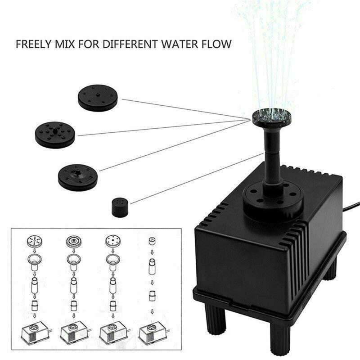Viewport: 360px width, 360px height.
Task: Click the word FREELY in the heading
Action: pyautogui.click(x=31, y=45)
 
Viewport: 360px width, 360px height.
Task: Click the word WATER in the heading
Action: pyautogui.click(x=177, y=45)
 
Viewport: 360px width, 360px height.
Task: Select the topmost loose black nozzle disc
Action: pyautogui.click(x=98, y=98)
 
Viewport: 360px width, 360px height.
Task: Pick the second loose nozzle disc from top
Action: pyautogui.click(x=55, y=134)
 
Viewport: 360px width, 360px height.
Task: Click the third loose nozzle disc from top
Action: pyautogui.click(x=78, y=177)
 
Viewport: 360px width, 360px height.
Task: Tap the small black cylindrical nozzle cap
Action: pyautogui.click(x=120, y=207)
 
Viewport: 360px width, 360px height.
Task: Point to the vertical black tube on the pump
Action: pyautogui.click(x=272, y=155)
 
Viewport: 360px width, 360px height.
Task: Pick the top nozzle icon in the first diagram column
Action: pyautogui.click(x=35, y=241)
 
